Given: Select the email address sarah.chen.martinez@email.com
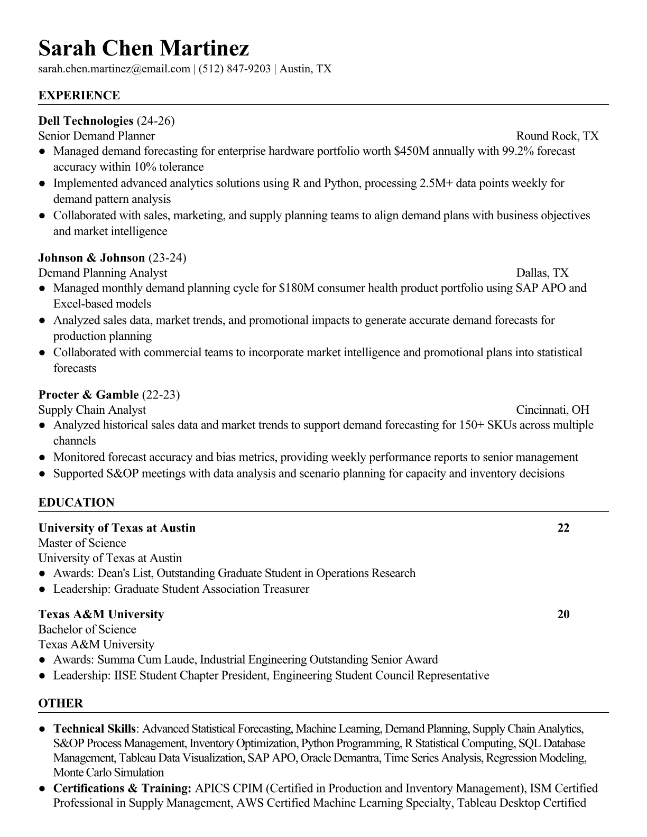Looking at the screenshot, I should coord(114,69).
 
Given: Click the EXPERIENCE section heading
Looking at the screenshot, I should coord(79,96).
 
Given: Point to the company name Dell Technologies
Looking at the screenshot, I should coord(85,121).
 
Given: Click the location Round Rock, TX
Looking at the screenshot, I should coord(557,136).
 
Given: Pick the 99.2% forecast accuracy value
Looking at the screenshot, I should coord(516,151).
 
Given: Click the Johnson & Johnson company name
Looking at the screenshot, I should coord(91,258).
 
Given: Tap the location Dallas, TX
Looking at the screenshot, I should coord(542,273).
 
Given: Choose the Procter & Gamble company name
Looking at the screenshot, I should coord(88,395).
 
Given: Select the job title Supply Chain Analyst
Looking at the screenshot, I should coord(92,410).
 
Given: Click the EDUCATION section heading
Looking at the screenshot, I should coord(76,503).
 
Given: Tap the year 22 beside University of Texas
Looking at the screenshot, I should coord(563,528).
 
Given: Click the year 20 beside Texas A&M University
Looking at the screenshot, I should coord(563,614).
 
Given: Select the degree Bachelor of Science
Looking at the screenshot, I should coord(87,629).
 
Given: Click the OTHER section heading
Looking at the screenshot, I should coord(60,703).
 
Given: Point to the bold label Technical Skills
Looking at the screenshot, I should coord(95,729).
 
